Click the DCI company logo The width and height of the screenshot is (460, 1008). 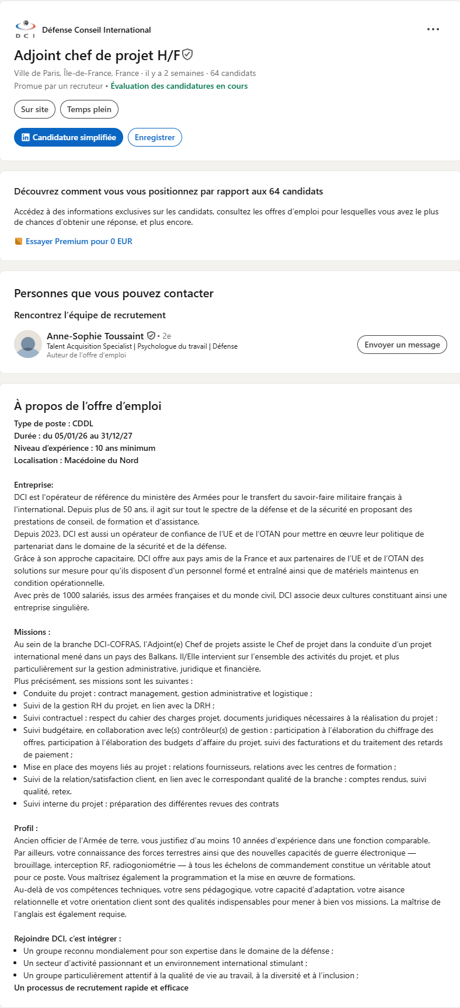(x=25, y=29)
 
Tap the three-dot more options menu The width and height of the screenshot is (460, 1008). (x=433, y=29)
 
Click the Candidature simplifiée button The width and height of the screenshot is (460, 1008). (x=68, y=137)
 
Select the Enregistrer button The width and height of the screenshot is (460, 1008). (x=155, y=137)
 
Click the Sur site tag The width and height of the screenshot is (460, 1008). (x=34, y=109)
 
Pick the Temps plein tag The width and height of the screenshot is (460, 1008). (x=89, y=109)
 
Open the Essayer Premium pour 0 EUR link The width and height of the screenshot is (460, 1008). (x=79, y=241)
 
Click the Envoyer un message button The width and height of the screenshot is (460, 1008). (x=402, y=345)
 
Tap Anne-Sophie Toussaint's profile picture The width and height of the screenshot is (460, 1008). (x=28, y=344)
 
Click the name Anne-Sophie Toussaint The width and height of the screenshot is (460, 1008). (x=95, y=336)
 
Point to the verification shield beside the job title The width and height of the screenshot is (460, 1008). (x=187, y=55)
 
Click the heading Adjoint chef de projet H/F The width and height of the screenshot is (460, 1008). (x=97, y=55)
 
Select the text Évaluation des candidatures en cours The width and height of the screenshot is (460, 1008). (x=179, y=86)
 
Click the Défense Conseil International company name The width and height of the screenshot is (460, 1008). (x=96, y=30)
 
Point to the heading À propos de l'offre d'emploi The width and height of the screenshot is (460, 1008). (x=88, y=406)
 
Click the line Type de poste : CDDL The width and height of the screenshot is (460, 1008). (x=54, y=423)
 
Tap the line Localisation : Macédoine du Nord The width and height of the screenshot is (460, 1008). (x=76, y=460)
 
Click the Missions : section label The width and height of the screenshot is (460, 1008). (x=32, y=632)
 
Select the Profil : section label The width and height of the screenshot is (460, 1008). (x=26, y=828)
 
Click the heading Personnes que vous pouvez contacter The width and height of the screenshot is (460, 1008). (x=114, y=293)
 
